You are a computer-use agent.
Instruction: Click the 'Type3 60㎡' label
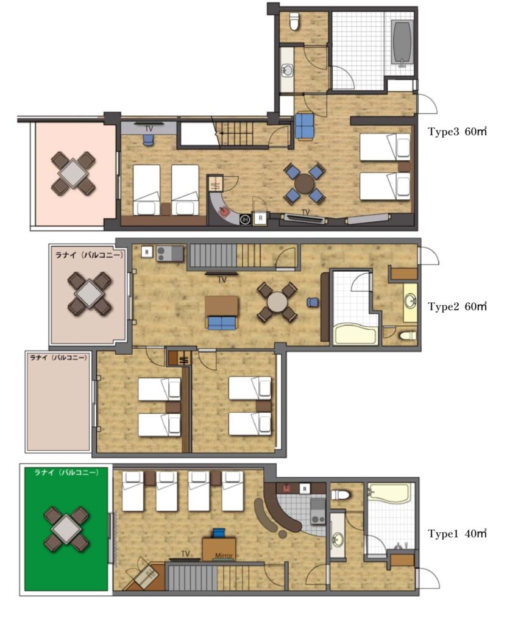point(457,132)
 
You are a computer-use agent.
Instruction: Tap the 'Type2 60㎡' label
point(457,307)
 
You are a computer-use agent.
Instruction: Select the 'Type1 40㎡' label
point(457,533)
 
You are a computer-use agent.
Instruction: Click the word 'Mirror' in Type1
point(224,556)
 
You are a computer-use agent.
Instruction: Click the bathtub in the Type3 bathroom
point(401,42)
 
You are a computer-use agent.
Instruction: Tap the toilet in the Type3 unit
point(294,22)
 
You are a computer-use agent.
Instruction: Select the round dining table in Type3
point(304,183)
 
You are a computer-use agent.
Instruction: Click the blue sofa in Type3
point(305,126)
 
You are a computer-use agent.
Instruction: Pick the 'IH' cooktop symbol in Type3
point(245,219)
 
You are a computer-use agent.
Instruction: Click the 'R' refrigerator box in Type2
point(147,252)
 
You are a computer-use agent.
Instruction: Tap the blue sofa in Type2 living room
point(222,322)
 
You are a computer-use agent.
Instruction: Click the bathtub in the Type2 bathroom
point(356,334)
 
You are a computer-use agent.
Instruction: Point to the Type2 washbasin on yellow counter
point(411,302)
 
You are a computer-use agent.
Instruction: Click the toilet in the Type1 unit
point(340,495)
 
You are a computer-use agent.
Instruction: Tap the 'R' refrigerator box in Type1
point(305,488)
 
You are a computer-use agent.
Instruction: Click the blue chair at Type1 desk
point(219,533)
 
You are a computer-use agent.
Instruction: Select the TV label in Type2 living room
point(222,280)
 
